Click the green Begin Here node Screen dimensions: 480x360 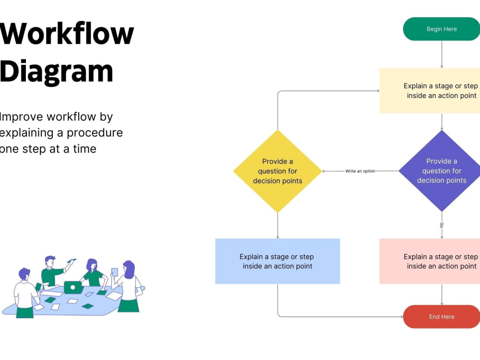442,29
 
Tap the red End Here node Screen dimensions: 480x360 442,316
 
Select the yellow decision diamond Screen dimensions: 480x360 277,171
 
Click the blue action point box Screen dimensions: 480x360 277,261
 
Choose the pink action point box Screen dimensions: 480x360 430,261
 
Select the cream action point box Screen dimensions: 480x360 430,91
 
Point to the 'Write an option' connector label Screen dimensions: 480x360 360,171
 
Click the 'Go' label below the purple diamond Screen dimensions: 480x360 442,225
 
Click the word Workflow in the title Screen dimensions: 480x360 67,34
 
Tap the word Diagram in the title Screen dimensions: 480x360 56,72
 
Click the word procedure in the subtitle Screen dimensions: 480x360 95,133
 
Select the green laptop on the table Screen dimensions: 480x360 73,288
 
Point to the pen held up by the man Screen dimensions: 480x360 72,261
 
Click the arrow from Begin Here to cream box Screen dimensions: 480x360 442,54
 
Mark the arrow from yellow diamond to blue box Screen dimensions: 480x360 277,226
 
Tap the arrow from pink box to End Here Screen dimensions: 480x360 442,295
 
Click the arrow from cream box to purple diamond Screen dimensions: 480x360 442,122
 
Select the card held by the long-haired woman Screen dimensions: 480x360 115,272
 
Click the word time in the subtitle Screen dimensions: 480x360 84,149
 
